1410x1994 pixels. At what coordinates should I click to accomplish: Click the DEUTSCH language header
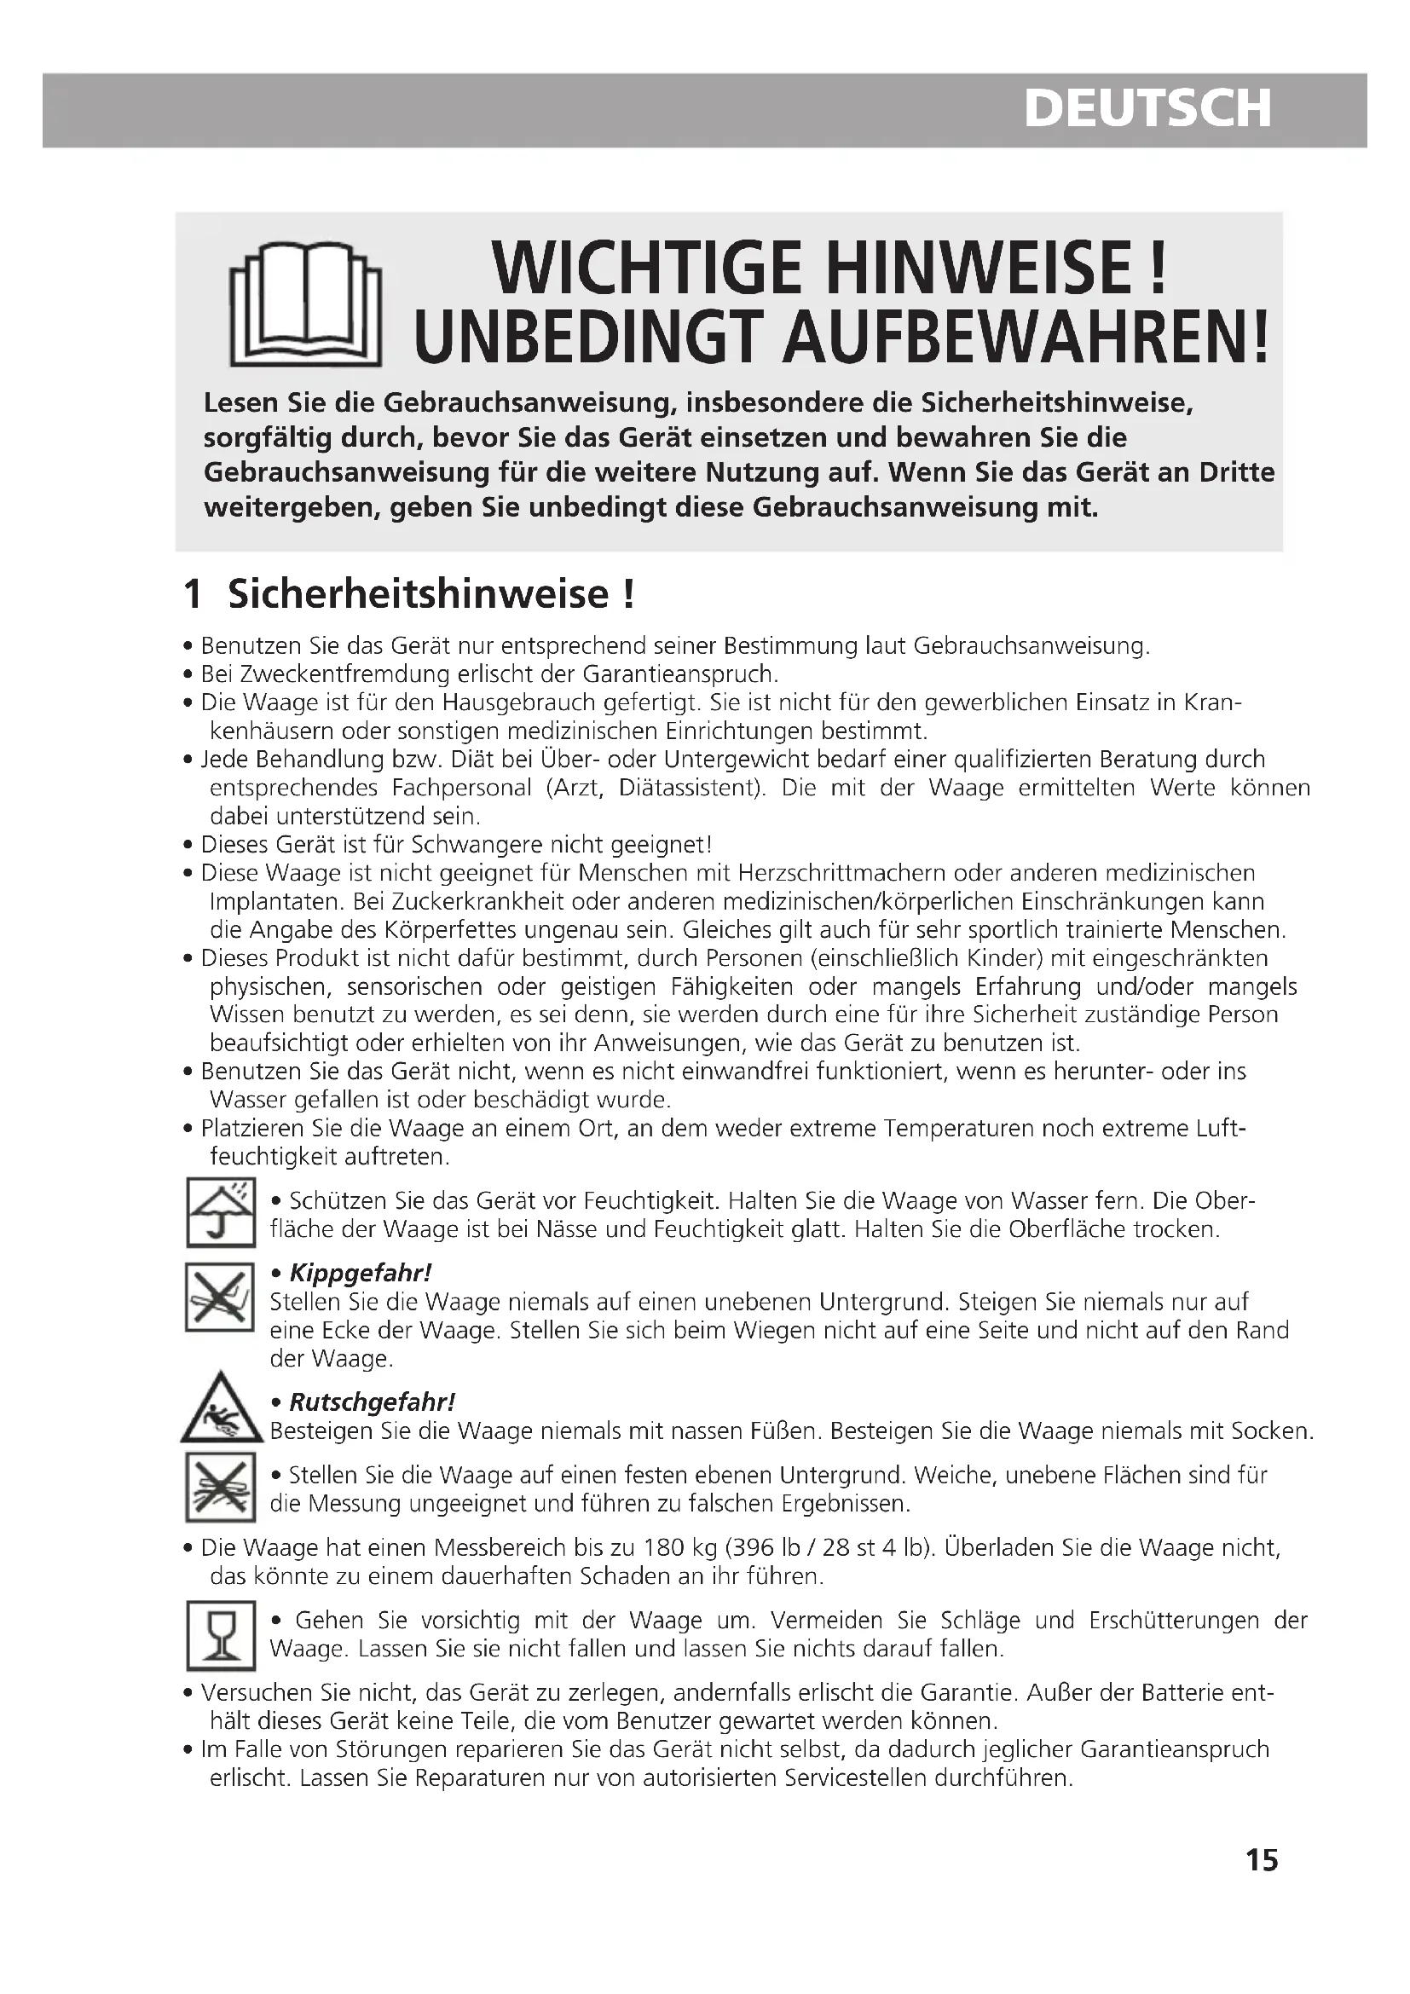1147,108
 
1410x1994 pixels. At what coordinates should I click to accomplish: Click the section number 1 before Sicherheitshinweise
193,594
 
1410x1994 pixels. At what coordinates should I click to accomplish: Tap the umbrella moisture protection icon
221,1211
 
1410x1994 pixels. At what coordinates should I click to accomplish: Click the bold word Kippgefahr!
361,1273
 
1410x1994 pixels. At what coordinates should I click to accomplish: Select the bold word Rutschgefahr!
372,1402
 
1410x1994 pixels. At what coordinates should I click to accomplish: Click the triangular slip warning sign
222,1409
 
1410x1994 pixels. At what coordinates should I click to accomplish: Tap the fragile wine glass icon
221,1635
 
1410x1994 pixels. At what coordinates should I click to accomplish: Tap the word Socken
1273,1430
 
